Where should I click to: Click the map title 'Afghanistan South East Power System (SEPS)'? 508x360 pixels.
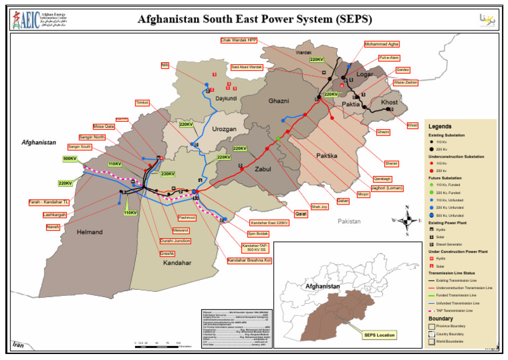(255, 19)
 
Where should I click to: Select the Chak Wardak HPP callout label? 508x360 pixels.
(239, 40)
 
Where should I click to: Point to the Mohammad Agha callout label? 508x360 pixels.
(382, 44)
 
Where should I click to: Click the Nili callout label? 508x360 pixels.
(165, 65)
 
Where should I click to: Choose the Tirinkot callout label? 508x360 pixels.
(142, 103)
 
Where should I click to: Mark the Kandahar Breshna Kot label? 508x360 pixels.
(249, 260)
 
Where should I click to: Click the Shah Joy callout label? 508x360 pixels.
(319, 206)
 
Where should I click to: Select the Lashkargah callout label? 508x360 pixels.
(55, 215)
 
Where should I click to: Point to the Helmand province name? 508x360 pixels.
(89, 232)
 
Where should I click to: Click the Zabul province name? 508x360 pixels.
(263, 169)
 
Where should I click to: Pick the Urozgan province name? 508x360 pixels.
(224, 130)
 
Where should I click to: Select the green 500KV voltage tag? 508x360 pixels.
(69, 159)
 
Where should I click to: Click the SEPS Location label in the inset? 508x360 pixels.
(379, 335)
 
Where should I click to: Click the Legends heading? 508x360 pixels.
(440, 126)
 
